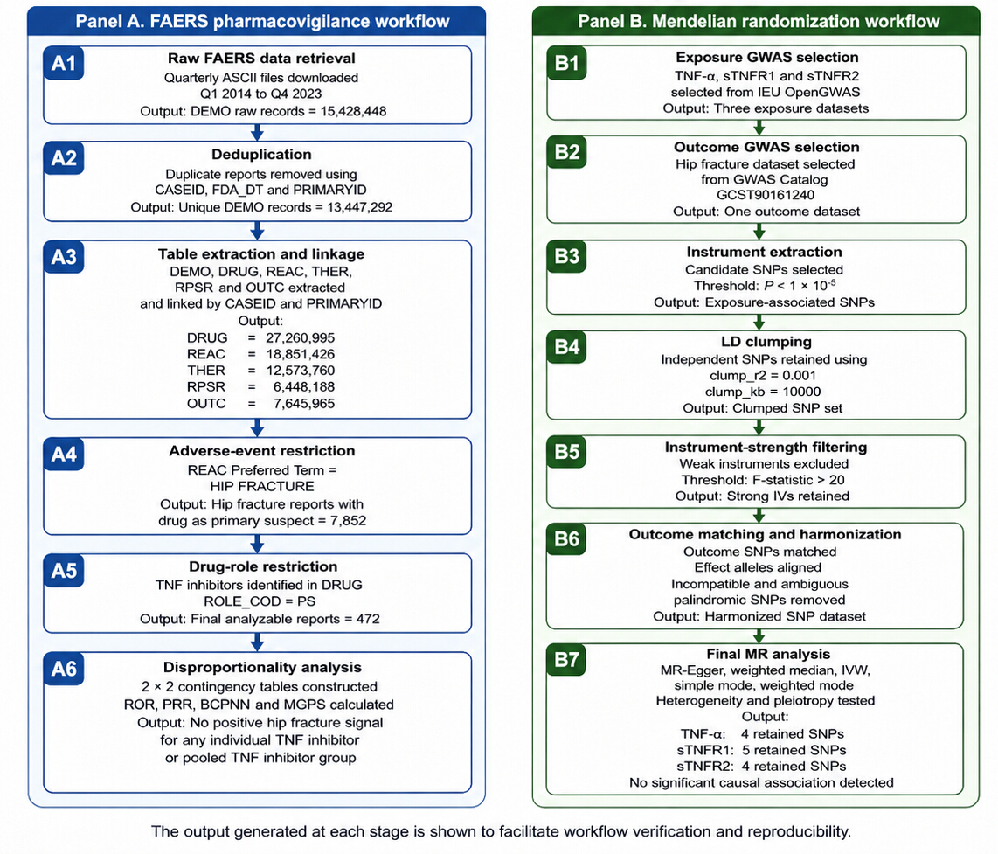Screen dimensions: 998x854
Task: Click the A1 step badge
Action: [x=64, y=63]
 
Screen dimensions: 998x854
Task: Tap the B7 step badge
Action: [x=566, y=660]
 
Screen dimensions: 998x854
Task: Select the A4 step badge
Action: [x=64, y=454]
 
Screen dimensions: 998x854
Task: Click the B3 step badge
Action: [x=566, y=256]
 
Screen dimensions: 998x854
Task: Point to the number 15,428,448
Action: [x=353, y=111]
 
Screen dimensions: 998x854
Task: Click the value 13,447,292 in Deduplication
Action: [x=359, y=207]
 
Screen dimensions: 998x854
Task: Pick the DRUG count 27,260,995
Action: [x=301, y=338]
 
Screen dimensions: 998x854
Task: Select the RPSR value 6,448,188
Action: [x=304, y=387]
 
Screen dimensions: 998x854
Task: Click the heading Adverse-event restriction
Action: [x=261, y=451]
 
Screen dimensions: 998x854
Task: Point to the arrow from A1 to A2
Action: [x=257, y=133]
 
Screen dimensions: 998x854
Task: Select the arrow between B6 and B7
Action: [x=759, y=635]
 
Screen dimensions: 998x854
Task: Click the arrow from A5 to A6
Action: [x=257, y=642]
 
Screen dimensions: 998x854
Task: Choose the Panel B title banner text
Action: [x=759, y=21]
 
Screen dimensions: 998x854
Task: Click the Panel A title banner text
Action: [x=262, y=21]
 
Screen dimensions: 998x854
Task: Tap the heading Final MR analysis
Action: [x=768, y=654]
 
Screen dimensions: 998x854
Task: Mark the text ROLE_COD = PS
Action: [x=260, y=601]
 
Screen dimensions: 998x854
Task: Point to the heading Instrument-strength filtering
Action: [x=766, y=447]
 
